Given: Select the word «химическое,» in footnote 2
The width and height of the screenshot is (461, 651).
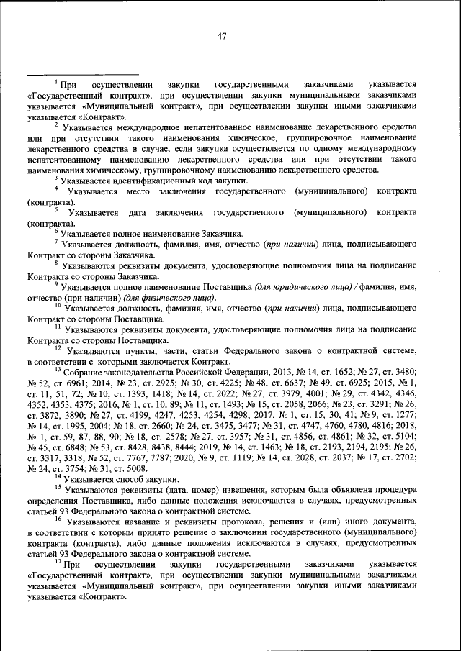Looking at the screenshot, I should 236,137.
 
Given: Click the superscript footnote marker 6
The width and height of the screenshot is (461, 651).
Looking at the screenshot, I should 57,231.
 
